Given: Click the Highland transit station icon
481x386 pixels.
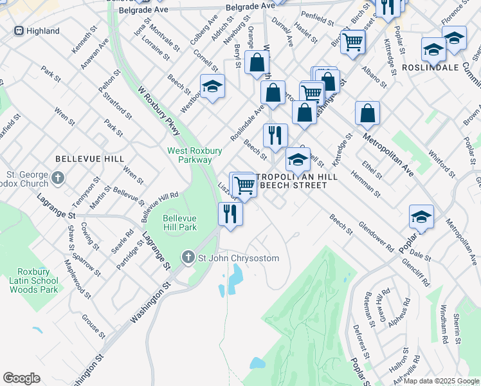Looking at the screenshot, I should [19, 31].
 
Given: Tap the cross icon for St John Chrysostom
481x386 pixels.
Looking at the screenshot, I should [188, 258].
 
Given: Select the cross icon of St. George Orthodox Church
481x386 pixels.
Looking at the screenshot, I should [59, 176].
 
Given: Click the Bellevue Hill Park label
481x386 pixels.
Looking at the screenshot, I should [179, 223].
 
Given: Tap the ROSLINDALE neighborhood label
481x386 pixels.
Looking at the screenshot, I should [430, 67].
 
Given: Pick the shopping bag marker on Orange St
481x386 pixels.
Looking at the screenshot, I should [257, 62].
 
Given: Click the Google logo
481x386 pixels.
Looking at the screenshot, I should [21, 378].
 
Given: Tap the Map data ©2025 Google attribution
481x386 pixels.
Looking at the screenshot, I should [440, 381].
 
